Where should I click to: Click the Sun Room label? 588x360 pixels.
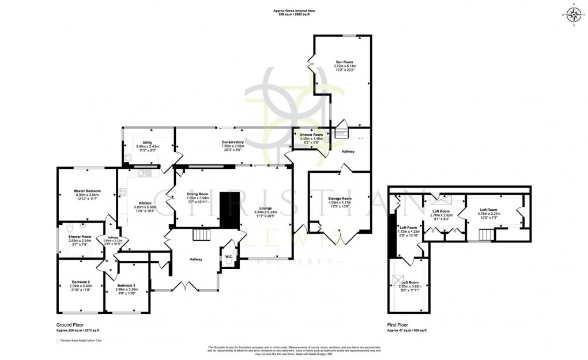[345, 62]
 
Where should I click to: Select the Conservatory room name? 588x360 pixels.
[233, 142]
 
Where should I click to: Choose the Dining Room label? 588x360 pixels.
[197, 194]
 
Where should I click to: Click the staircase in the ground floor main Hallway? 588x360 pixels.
[201, 235]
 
